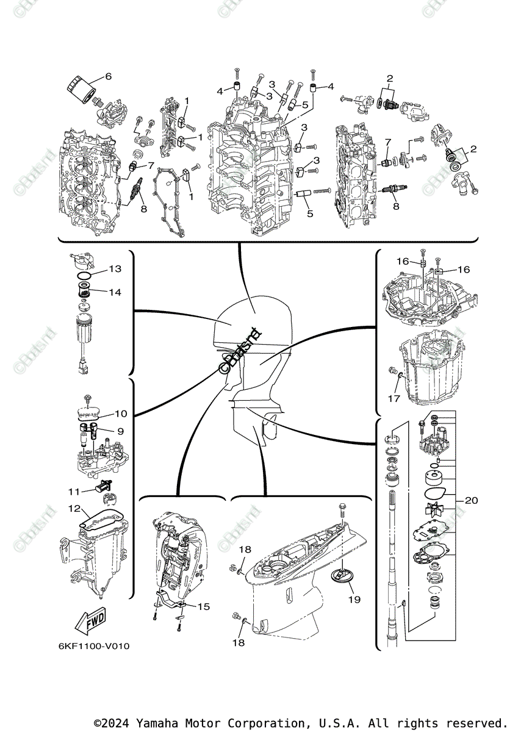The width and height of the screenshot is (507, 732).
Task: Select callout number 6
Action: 109,76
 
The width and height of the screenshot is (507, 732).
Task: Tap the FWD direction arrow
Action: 89,621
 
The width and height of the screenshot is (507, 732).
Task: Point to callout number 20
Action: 470,501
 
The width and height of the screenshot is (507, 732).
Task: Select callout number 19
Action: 354,600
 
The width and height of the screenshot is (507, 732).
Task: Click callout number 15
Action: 203,606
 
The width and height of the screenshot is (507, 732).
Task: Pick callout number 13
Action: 115,268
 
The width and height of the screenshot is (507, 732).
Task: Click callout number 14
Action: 115,292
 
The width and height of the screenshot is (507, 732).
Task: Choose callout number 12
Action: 74,508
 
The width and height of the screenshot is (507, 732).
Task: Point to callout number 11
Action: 74,491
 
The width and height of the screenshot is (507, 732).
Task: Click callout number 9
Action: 120,431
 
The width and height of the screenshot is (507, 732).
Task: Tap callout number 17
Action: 394,398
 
